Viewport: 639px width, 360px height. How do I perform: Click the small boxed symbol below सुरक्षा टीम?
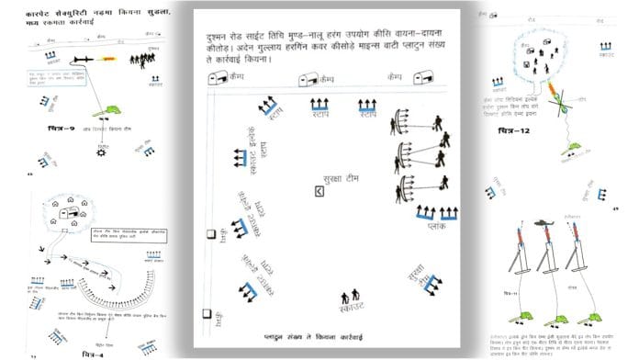pyautogui.click(x=319, y=192)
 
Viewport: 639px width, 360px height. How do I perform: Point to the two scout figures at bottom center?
pyautogui.click(x=350, y=297)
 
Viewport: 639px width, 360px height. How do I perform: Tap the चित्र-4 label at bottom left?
pyautogui.click(x=95, y=351)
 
